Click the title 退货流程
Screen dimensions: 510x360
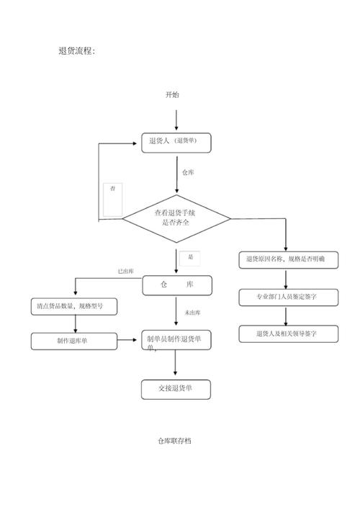[x=76, y=51]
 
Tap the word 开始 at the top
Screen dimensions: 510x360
[x=172, y=95]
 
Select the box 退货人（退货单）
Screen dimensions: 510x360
[x=176, y=142]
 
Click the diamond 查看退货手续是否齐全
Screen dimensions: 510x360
[x=176, y=218]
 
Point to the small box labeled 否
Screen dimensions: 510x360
[x=112, y=199]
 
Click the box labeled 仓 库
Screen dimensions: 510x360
[x=176, y=285]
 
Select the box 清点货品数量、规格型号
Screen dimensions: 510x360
[x=73, y=306]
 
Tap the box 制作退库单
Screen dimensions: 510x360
[x=73, y=341]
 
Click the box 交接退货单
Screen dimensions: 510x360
[x=176, y=389]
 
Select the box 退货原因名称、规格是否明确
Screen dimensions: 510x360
[x=286, y=259]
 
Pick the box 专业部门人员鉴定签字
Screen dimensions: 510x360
[x=286, y=296]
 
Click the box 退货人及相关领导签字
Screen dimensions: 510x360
[x=286, y=334]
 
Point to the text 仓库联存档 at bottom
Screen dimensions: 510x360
[x=175, y=441]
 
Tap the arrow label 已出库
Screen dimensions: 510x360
[x=127, y=272]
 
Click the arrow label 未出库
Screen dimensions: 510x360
[x=192, y=313]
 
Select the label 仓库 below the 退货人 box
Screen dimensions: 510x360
[x=188, y=173]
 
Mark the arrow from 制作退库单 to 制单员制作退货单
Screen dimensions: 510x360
[x=129, y=339]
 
